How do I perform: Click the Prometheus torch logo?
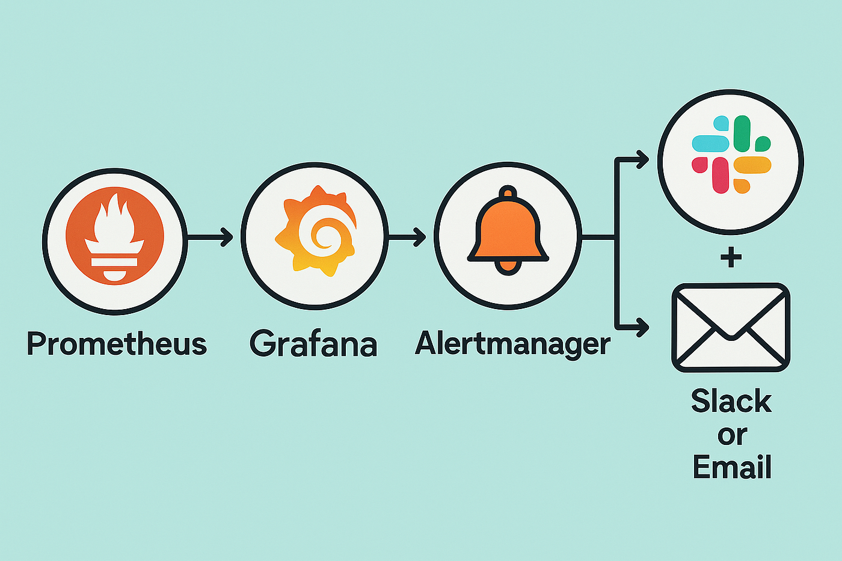click(115, 236)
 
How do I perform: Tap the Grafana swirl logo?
click(316, 231)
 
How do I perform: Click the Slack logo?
click(731, 155)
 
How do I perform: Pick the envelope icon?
click(731, 328)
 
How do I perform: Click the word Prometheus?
click(117, 343)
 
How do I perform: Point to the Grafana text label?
click(313, 343)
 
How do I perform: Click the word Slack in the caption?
click(731, 401)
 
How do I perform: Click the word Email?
click(732, 467)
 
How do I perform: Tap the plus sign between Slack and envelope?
click(731, 257)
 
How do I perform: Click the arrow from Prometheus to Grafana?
click(210, 237)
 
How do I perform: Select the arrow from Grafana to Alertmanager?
click(407, 237)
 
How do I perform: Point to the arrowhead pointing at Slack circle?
click(642, 159)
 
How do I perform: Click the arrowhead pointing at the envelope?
click(642, 327)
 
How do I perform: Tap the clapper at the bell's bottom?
click(508, 266)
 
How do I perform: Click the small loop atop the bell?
click(508, 192)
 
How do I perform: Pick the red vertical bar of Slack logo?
click(721, 176)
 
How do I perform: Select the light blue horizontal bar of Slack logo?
click(710, 144)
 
